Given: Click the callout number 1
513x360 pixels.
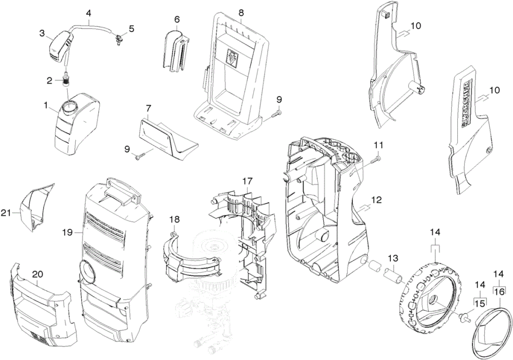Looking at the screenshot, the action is tap(46, 105).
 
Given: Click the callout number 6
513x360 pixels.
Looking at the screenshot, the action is tap(177, 20).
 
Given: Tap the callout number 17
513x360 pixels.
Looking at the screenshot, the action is tap(247, 181).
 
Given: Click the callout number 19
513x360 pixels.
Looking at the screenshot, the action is tap(68, 232).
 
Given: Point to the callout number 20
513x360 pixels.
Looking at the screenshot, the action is tap(38, 275).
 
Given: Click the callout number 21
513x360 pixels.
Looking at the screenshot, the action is tap(6, 213).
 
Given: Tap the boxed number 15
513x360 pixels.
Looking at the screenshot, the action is tap(479, 303).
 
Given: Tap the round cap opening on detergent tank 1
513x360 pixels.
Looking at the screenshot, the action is tap(69, 107).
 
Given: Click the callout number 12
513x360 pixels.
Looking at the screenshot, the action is tap(377, 200).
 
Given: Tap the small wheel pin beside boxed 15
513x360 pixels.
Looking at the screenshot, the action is tap(466, 316).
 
